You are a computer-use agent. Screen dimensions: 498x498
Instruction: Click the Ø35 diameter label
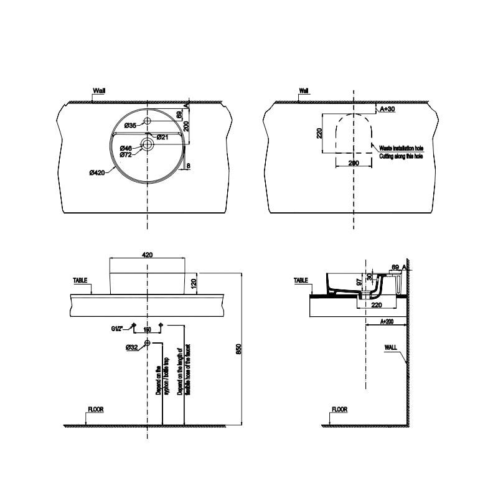pos(129,126)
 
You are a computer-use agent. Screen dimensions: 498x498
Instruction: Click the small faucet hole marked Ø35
pos(147,121)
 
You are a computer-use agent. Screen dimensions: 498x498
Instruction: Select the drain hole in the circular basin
pos(147,144)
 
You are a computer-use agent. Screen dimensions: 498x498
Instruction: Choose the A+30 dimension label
pos(387,109)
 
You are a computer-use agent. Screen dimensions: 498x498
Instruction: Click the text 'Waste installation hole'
pos(402,149)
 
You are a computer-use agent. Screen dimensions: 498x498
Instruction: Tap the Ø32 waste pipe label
pos(131,347)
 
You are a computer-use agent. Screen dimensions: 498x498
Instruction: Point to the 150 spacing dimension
pos(148,329)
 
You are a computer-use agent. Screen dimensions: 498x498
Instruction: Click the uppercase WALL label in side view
pos(390,349)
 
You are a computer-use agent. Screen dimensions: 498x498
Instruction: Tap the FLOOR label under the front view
pos(95,410)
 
